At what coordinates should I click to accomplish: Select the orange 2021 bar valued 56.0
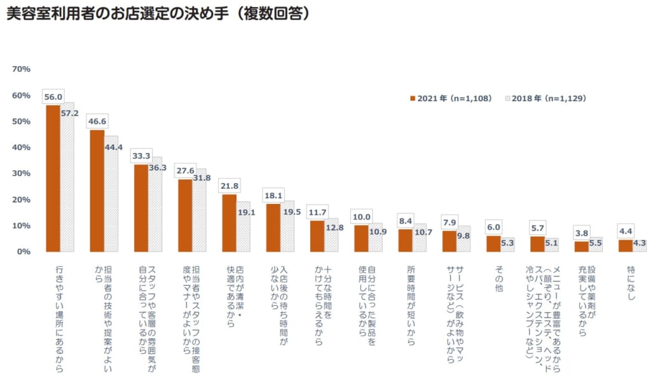tap(53, 178)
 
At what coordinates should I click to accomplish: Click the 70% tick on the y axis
tap(21, 69)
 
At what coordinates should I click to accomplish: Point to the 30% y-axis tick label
tap(21, 173)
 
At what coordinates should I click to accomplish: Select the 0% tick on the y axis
tap(24, 252)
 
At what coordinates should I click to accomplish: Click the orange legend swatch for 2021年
tap(412, 98)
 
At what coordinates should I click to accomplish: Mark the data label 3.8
tap(582, 233)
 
